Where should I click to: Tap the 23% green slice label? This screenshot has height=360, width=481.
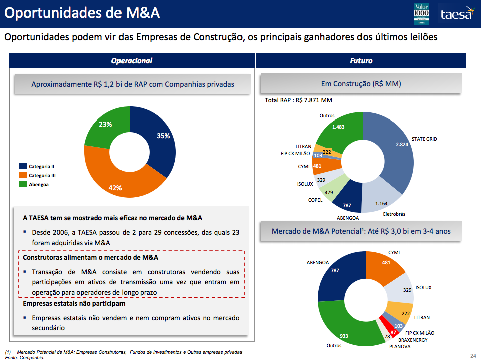point(105,124)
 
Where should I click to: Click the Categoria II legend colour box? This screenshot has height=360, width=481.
point(23,166)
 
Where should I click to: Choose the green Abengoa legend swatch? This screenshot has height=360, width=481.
point(23,184)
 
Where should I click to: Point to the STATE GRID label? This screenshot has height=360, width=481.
point(424,139)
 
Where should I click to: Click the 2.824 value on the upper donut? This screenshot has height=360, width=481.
point(402,144)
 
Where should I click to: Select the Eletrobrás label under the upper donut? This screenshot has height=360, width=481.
point(394,214)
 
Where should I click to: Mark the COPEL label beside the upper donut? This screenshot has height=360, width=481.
point(315,200)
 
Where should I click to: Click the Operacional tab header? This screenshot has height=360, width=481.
point(132,61)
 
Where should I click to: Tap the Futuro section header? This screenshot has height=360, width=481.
point(361,61)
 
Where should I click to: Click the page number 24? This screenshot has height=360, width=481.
point(472,356)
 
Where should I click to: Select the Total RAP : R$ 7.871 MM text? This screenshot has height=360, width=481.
point(298,100)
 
